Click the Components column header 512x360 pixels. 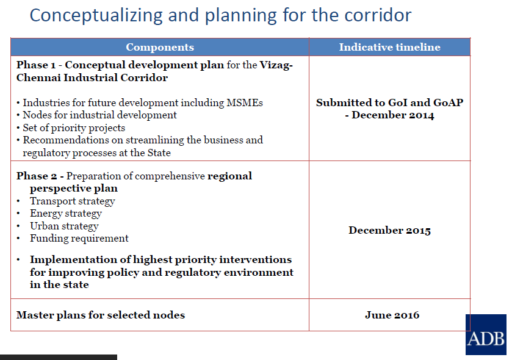[x=160, y=47]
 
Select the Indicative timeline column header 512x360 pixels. [x=389, y=47]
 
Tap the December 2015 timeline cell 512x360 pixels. [x=389, y=231]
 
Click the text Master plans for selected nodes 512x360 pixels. [x=101, y=315]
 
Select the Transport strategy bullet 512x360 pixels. [x=72, y=201]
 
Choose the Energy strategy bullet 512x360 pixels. [x=65, y=214]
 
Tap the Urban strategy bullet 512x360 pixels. [x=64, y=226]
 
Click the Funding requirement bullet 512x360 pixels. [x=79, y=239]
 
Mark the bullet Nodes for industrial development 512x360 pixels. [x=99, y=115]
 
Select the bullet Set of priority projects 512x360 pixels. [x=74, y=128]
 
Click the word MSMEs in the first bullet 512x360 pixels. [x=244, y=103]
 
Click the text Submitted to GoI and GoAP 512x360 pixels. [x=389, y=103]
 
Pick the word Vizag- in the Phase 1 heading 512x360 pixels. [x=276, y=65]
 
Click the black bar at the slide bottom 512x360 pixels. [x=58, y=357]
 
